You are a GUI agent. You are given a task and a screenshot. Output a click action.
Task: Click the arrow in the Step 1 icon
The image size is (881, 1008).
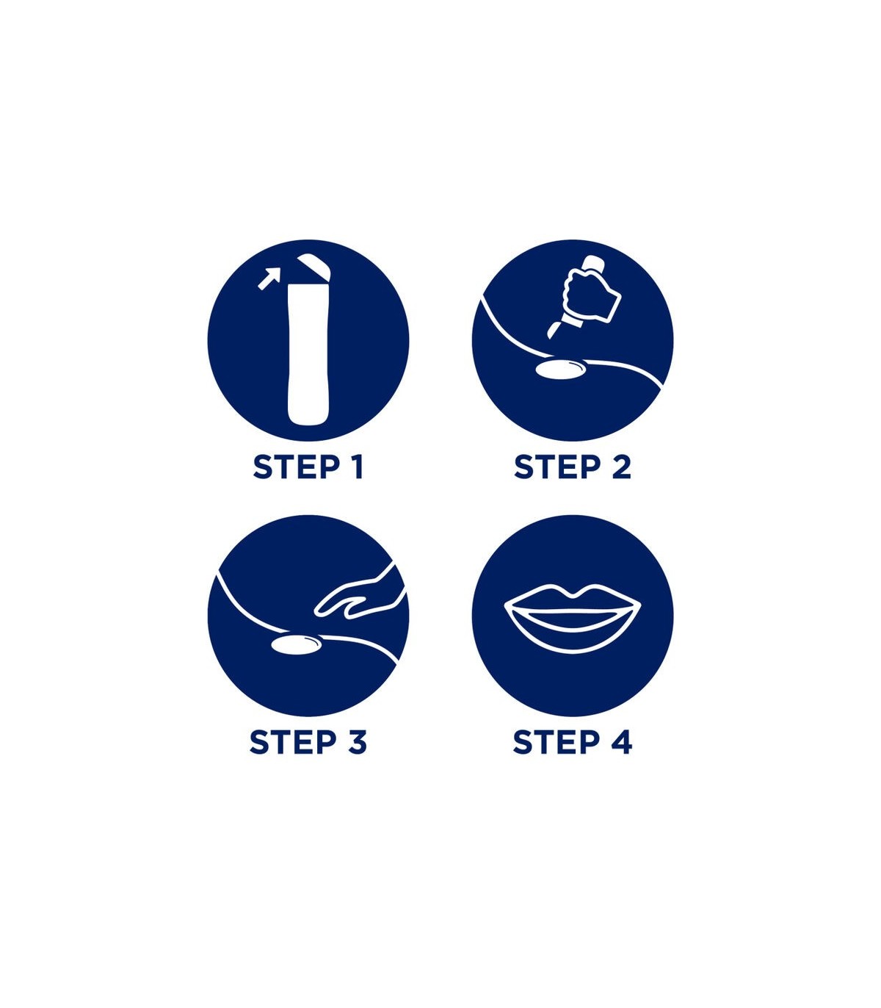tap(269, 278)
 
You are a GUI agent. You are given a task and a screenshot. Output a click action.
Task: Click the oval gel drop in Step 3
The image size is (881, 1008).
tap(297, 645)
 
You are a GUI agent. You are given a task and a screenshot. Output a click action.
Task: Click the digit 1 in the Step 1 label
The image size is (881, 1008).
tap(357, 467)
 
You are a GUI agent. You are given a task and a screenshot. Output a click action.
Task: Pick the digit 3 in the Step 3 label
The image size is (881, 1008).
tap(357, 743)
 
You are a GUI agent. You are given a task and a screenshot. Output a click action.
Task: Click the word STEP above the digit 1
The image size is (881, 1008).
tap(297, 467)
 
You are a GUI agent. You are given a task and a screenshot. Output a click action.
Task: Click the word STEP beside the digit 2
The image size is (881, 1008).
tap(558, 467)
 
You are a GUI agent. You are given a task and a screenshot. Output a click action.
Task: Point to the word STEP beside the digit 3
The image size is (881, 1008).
tap(294, 743)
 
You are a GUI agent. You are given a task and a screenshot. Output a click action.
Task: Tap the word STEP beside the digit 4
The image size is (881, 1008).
tap(556, 743)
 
